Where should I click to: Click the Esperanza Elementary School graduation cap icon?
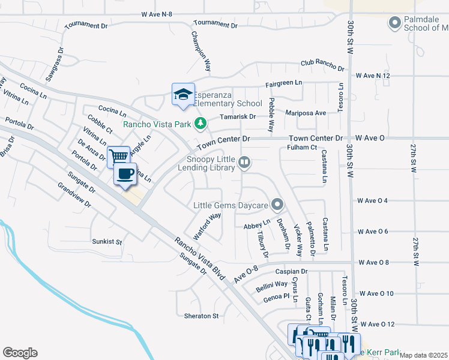click(184, 94)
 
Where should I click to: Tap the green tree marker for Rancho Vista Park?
click(200, 124)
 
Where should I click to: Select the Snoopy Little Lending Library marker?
click(244, 161)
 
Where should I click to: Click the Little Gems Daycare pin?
click(277, 205)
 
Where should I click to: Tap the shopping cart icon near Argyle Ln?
click(119, 157)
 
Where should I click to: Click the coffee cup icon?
click(125, 174)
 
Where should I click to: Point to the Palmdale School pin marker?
click(394, 24)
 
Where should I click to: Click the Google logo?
click(20, 353)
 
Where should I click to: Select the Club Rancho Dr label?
click(322, 65)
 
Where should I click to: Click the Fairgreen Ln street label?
click(284, 84)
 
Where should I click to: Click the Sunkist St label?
click(107, 242)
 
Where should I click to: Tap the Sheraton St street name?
click(202, 316)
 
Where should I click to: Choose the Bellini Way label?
click(272, 285)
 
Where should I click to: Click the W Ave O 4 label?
click(372, 200)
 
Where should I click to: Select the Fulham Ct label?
click(301, 147)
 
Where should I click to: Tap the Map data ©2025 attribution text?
click(424, 355)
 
